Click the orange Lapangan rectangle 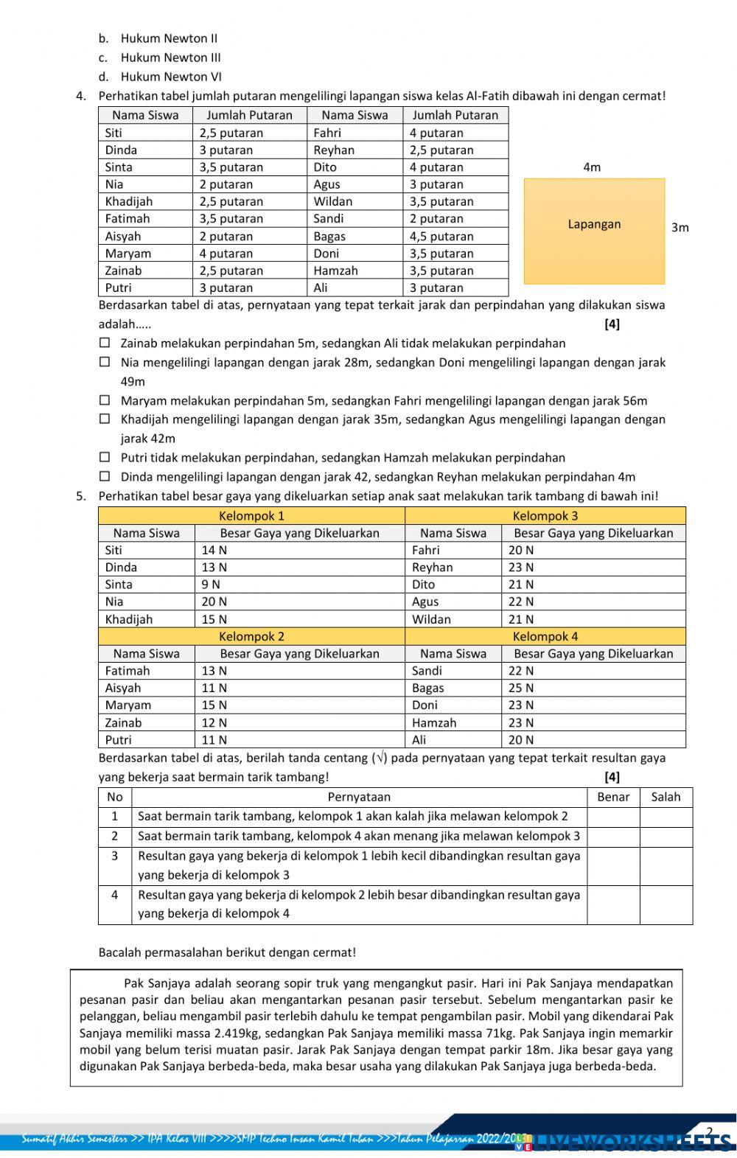(x=594, y=231)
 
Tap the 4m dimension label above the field (x=592, y=167)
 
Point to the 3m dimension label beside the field (x=680, y=228)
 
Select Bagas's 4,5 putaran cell (x=441, y=237)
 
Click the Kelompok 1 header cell (x=251, y=516)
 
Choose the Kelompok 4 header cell (x=545, y=636)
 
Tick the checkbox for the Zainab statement (x=105, y=343)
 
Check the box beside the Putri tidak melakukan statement (x=105, y=457)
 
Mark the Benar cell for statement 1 (x=613, y=817)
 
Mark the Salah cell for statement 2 (x=666, y=837)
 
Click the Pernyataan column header (x=359, y=797)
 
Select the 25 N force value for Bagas (x=520, y=688)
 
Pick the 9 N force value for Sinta (x=211, y=585)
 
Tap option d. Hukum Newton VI (x=170, y=77)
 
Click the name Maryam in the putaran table (x=128, y=254)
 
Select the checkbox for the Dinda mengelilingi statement (x=105, y=476)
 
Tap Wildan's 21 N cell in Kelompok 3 (x=520, y=619)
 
